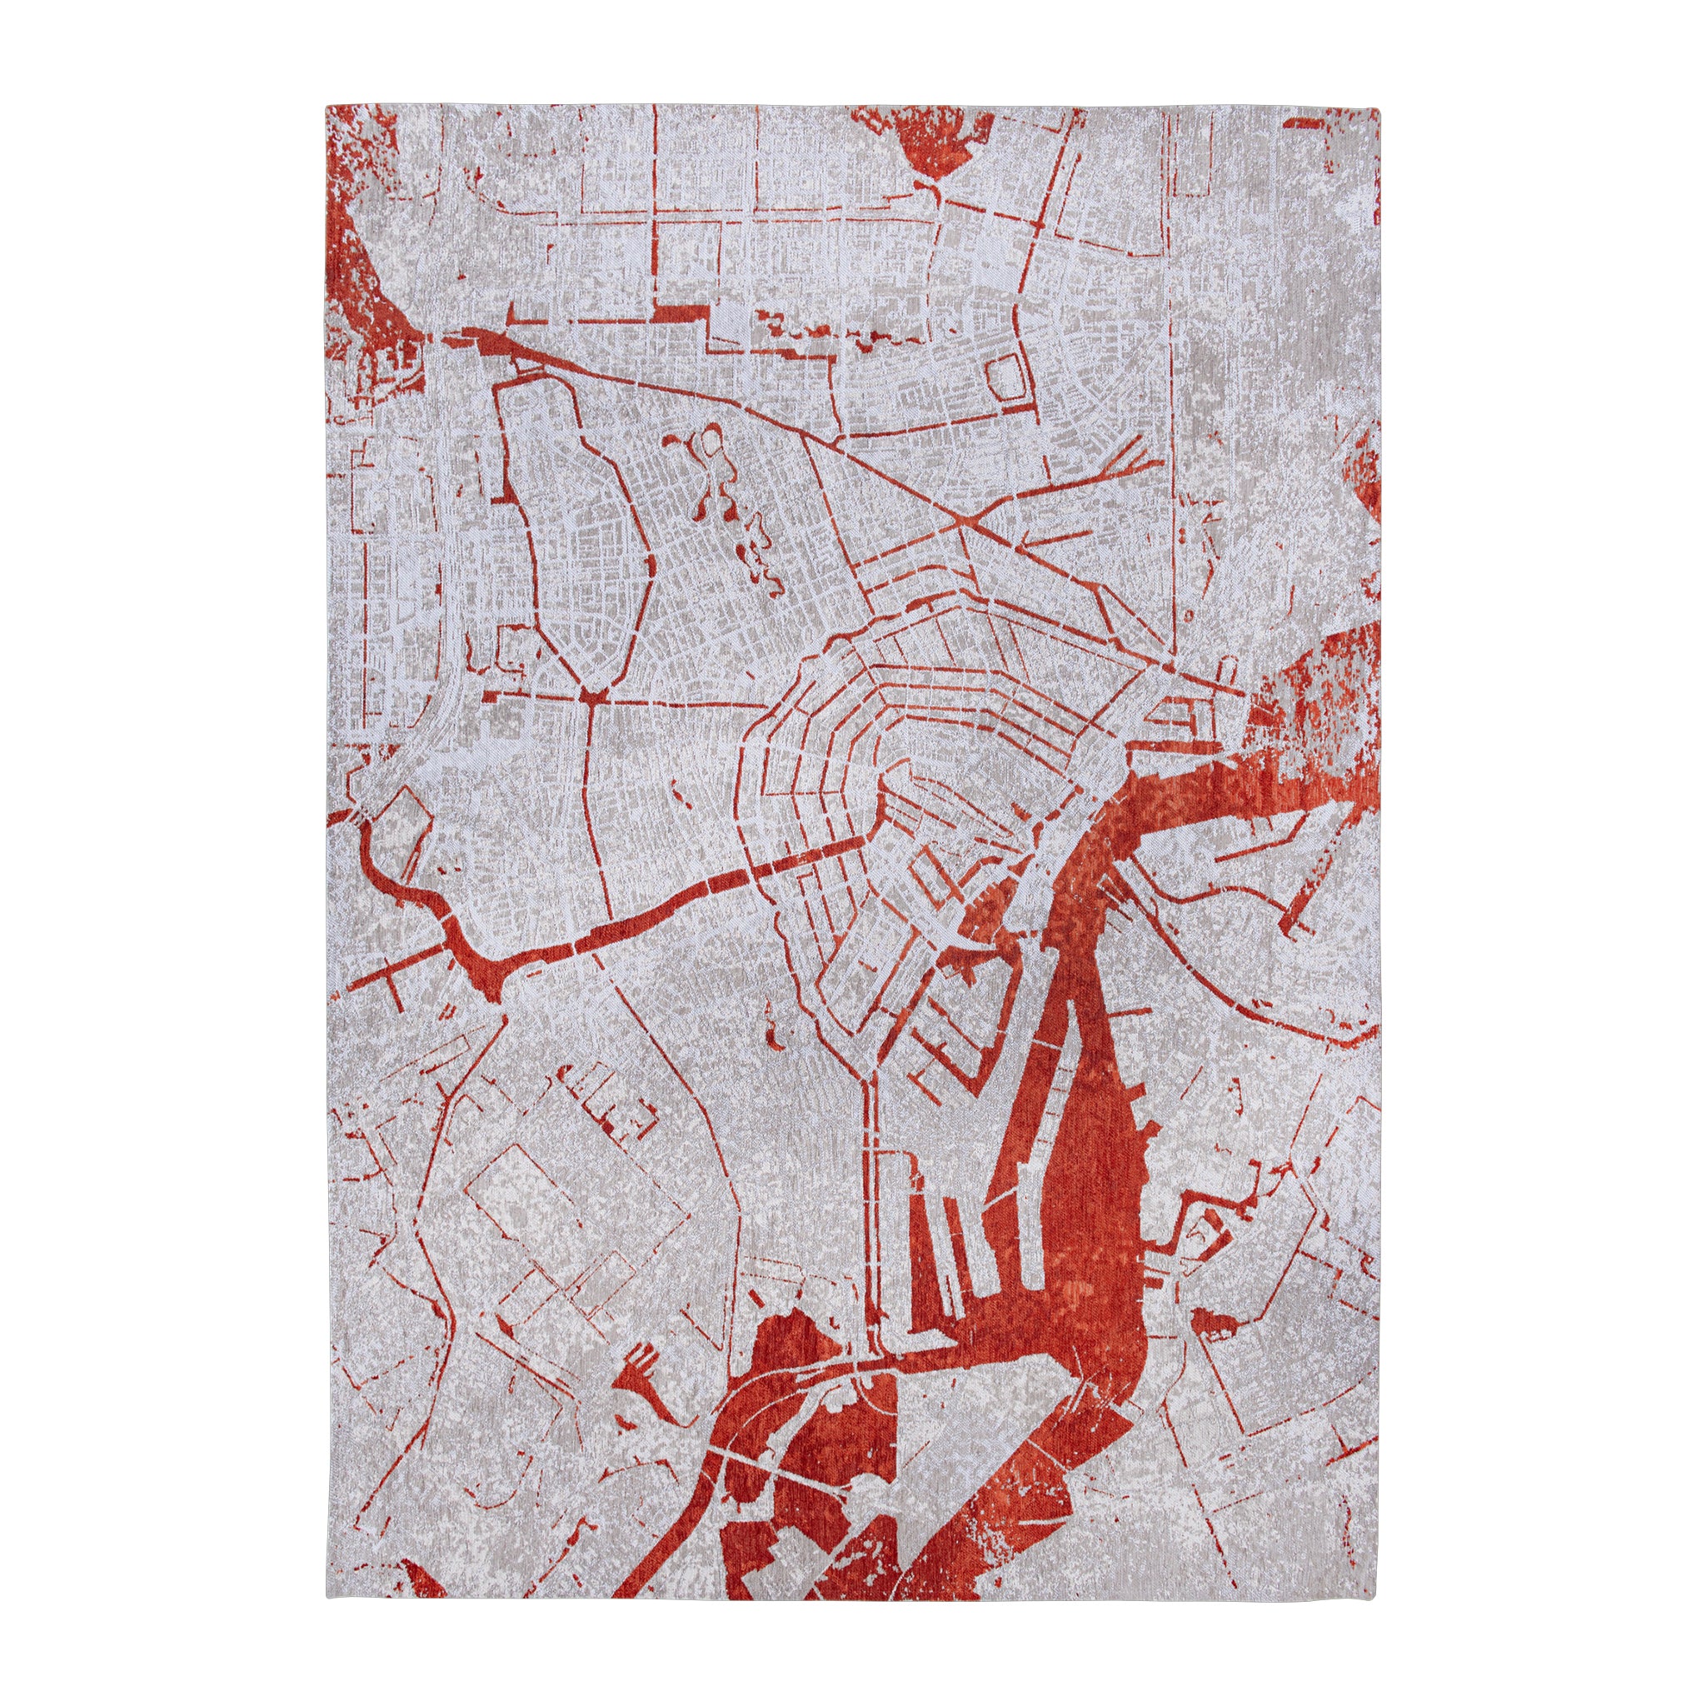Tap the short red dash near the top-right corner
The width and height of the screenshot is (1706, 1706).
coord(1305,127)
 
